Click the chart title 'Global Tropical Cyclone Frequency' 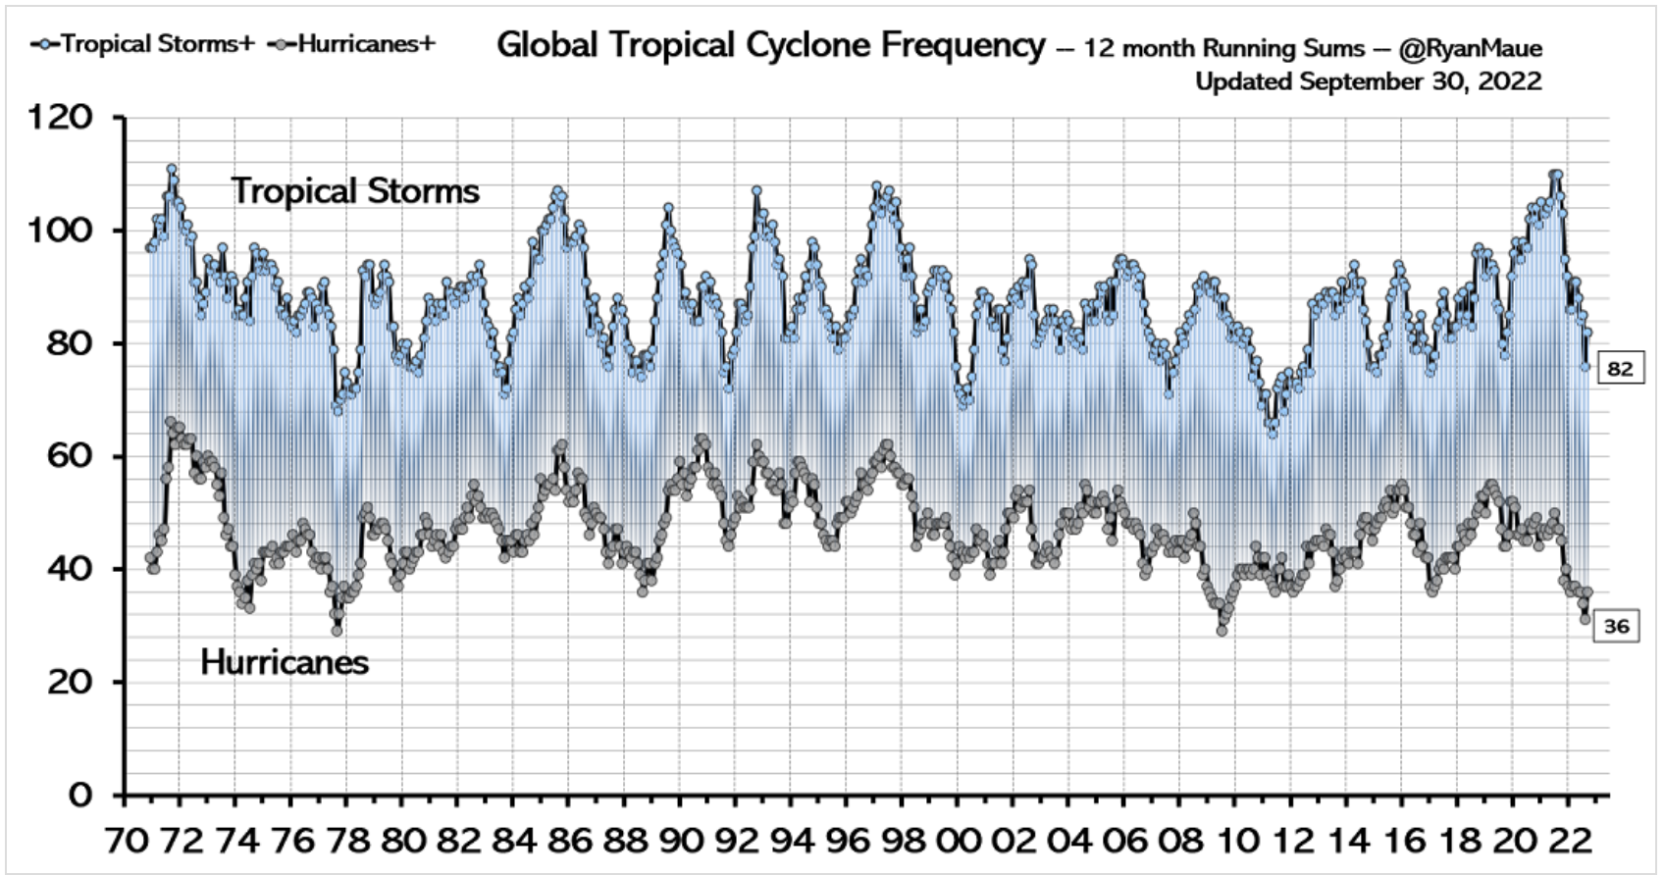pyautogui.click(x=771, y=45)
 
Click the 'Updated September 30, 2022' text pyautogui.click(x=1368, y=81)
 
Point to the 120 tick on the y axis pyautogui.click(x=61, y=118)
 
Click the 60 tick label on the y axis pyautogui.click(x=70, y=456)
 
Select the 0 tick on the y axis pyautogui.click(x=80, y=795)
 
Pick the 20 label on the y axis pyautogui.click(x=70, y=682)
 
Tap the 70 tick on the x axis pyautogui.click(x=126, y=841)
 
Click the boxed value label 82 pyautogui.click(x=1620, y=369)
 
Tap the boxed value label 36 pyautogui.click(x=1617, y=626)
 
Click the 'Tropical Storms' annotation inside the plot pyautogui.click(x=355, y=191)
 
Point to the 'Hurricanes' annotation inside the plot pyautogui.click(x=285, y=663)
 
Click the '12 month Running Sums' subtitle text pyautogui.click(x=1223, y=49)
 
